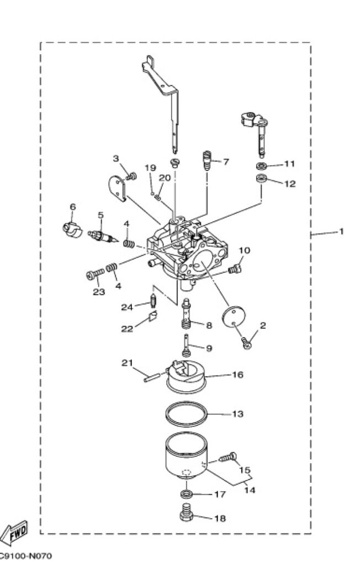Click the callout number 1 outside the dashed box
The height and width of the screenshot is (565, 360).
[341, 231]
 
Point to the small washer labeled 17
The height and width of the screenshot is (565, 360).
[186, 493]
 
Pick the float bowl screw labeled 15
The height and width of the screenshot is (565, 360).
[228, 457]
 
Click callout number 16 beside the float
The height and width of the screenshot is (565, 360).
[237, 375]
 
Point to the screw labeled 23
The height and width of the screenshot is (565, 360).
[95, 274]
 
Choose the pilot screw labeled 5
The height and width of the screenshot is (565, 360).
[103, 237]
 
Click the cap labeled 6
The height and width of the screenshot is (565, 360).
[71, 230]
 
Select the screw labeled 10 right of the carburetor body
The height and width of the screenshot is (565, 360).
[235, 269]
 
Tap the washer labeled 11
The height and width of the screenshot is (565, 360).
[262, 166]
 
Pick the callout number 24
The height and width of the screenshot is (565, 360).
[127, 307]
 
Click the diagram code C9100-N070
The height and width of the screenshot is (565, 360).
[25, 556]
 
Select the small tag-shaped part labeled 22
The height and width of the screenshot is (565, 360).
[153, 316]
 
